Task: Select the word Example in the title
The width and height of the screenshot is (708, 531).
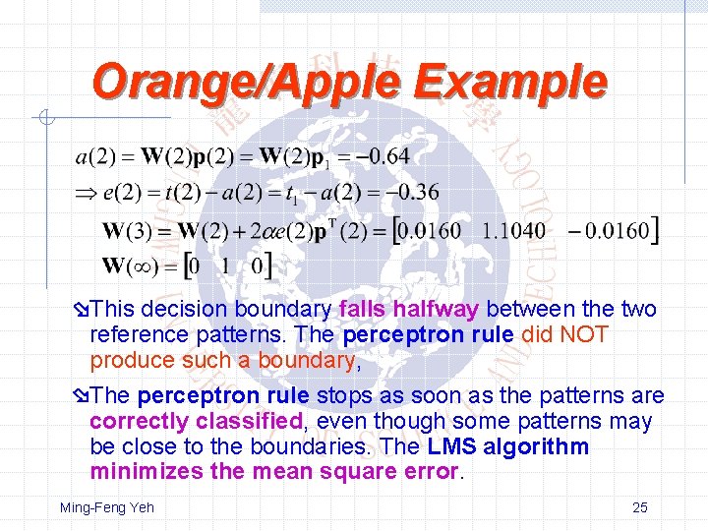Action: coord(510,82)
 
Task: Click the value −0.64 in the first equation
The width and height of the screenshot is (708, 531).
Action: coord(382,156)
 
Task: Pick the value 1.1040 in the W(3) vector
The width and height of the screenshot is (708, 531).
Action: coord(513,231)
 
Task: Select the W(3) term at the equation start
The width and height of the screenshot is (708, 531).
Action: coord(127,232)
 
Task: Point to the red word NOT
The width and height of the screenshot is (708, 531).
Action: coord(584,335)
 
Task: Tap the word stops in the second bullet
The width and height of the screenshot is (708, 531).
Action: coord(348,396)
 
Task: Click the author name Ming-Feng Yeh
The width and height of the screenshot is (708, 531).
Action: coord(106,507)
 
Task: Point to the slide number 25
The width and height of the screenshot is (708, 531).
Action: coord(639,507)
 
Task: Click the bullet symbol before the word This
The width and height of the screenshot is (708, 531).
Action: coord(82,310)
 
